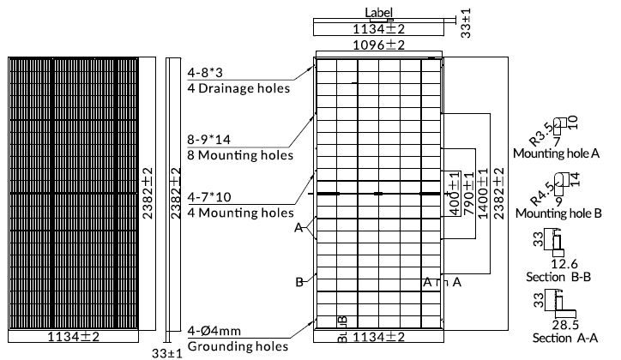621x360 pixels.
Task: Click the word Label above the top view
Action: click(378, 12)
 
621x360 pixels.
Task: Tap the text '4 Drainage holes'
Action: click(238, 88)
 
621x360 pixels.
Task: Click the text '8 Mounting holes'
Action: click(240, 155)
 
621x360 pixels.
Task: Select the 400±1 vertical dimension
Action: click(455, 196)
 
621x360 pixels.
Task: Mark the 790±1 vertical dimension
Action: click(469, 195)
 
